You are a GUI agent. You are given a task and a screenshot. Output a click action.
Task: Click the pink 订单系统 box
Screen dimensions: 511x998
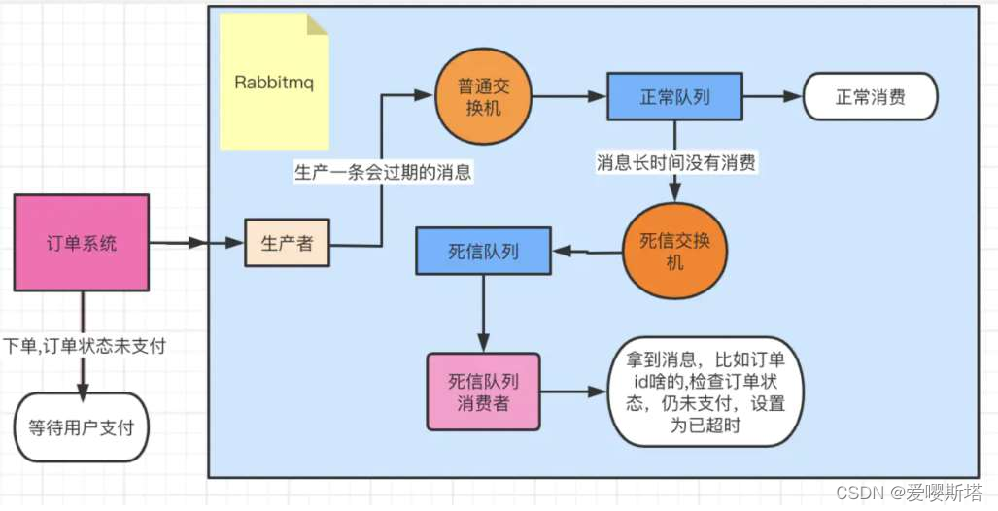(x=82, y=243)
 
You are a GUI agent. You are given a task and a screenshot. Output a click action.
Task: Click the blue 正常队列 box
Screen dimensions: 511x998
(x=674, y=97)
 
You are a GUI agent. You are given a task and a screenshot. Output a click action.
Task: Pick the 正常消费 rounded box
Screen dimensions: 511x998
(x=870, y=97)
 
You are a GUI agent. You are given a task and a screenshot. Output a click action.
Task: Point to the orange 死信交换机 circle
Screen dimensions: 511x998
(x=674, y=252)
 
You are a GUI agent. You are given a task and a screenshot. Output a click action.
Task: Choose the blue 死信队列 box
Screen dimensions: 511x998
(x=483, y=252)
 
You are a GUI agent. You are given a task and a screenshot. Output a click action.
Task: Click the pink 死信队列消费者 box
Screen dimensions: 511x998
(x=483, y=392)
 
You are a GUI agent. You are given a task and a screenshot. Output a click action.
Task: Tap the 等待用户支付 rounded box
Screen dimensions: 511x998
(x=82, y=426)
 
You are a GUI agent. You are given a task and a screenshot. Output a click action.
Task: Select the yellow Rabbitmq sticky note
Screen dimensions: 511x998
(x=274, y=83)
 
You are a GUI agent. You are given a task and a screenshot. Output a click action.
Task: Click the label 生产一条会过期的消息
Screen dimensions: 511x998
(x=383, y=173)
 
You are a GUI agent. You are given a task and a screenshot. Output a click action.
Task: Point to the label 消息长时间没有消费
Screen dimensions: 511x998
(x=676, y=163)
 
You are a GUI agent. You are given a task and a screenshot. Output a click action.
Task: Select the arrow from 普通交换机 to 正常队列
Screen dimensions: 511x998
(x=570, y=97)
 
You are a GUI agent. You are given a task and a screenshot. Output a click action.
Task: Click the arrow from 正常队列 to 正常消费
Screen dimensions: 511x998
(x=772, y=97)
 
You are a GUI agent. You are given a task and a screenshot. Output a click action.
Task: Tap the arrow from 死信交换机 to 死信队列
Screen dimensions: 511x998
(x=587, y=252)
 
